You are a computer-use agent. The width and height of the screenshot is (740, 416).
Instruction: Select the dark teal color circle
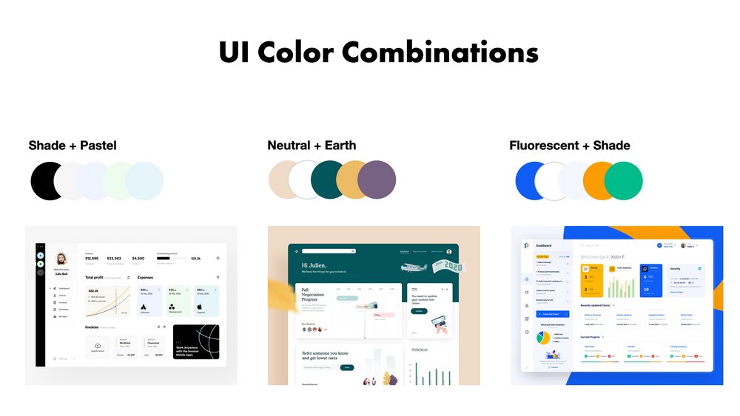point(329,180)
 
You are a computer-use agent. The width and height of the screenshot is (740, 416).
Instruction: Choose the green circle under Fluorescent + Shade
point(624,180)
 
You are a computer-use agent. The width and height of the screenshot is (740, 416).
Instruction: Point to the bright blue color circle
point(533,180)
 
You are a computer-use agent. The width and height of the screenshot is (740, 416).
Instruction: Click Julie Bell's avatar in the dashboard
point(62,259)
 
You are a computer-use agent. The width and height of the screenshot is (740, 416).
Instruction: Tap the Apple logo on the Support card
point(201,305)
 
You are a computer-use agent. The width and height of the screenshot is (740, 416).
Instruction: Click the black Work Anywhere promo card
point(195,342)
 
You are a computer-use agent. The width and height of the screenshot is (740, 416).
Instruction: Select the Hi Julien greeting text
point(315,265)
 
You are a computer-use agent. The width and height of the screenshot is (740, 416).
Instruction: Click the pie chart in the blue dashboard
point(543,338)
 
